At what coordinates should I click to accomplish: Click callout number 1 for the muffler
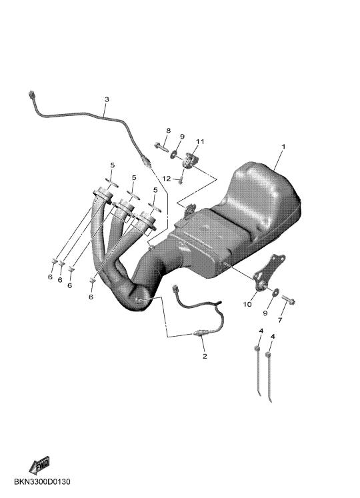point(283,147)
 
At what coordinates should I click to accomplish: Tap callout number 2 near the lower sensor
point(205,356)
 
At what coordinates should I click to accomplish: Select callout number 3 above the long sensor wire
point(107,99)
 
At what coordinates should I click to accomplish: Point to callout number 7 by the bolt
point(280,320)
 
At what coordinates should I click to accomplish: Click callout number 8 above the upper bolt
point(169,131)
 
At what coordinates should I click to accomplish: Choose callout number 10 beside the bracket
point(247,304)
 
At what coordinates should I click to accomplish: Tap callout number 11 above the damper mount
point(200,141)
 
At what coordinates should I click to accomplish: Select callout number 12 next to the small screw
point(167,179)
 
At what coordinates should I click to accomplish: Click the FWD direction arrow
point(39,465)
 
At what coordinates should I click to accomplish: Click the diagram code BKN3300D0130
point(42,482)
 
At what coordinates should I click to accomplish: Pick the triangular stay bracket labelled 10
point(269,272)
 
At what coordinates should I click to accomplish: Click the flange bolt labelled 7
point(288,299)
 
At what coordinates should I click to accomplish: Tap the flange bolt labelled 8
point(161,147)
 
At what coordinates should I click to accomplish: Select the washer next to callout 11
point(175,155)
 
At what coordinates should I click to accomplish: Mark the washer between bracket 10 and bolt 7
point(275,291)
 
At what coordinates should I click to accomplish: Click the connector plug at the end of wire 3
point(31,94)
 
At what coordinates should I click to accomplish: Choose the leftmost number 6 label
point(50,277)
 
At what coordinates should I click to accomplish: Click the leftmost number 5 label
point(112,165)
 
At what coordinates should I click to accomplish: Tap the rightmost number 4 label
point(273,337)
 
